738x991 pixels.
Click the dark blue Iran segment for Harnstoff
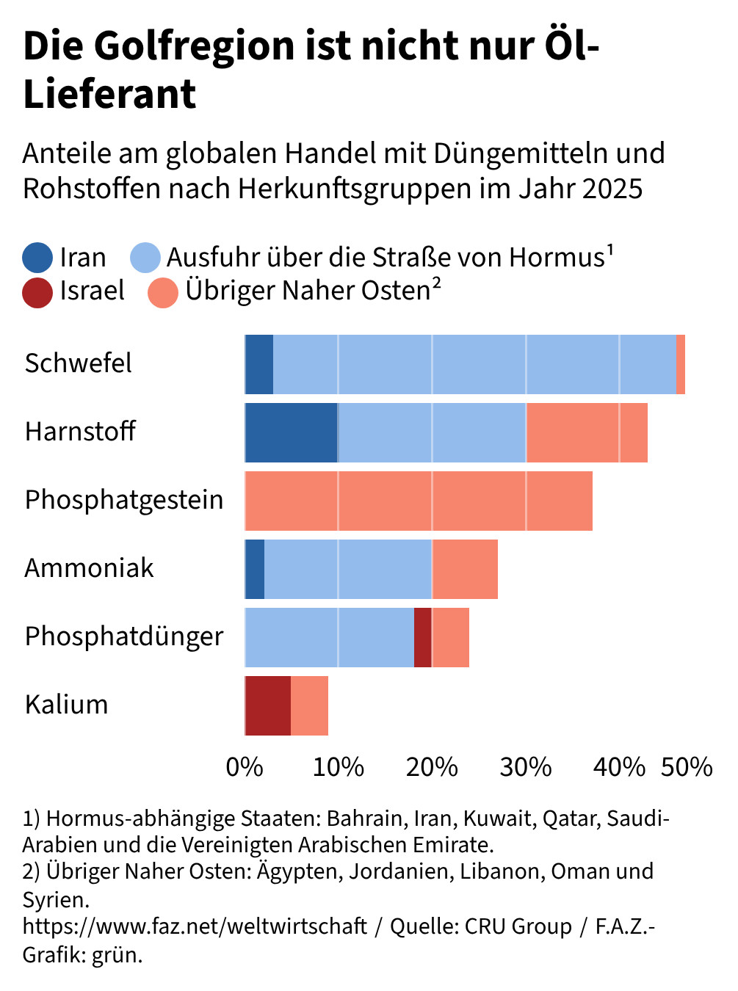coord(291,432)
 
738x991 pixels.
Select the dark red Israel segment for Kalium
coord(268,705)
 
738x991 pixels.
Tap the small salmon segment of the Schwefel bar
coord(681,364)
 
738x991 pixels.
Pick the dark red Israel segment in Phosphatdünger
coord(423,637)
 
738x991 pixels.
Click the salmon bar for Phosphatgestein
coord(419,501)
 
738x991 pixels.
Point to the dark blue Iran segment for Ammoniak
coord(255,569)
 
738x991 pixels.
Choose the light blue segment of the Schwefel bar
coord(474,364)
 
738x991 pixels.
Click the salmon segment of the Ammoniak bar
coord(465,569)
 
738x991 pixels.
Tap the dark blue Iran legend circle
coord(37,258)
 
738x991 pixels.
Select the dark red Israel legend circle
coord(37,291)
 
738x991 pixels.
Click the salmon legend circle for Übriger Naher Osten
coord(163,291)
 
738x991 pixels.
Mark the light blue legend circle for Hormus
coord(145,258)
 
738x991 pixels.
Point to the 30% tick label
coord(526,767)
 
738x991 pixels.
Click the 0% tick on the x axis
coord(245,767)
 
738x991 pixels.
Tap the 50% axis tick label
coord(687,767)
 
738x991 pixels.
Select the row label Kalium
coord(67,705)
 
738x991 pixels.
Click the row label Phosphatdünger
coord(124,636)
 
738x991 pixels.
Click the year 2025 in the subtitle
coord(612,189)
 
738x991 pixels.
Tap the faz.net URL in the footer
coord(195,926)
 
